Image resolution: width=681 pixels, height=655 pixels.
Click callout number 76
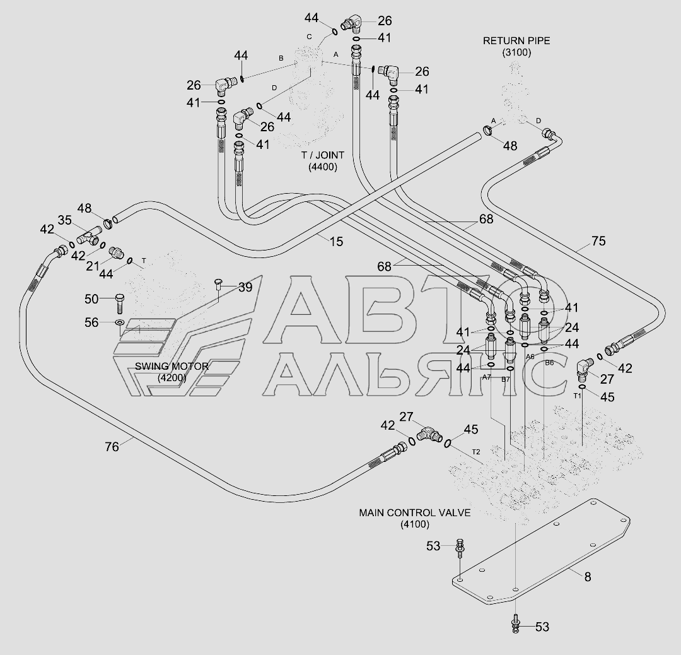[112, 447]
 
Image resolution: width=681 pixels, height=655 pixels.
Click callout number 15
[336, 240]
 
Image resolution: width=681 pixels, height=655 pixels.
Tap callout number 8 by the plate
[587, 575]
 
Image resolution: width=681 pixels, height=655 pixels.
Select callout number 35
[65, 220]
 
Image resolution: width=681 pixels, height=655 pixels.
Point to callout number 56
[91, 322]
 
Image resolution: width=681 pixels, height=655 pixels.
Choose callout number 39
[245, 287]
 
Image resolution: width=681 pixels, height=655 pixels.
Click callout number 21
[93, 266]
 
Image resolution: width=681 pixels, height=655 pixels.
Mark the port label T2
[475, 452]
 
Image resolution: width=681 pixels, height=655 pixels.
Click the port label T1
[576, 396]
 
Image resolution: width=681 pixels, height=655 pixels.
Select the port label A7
[486, 377]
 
